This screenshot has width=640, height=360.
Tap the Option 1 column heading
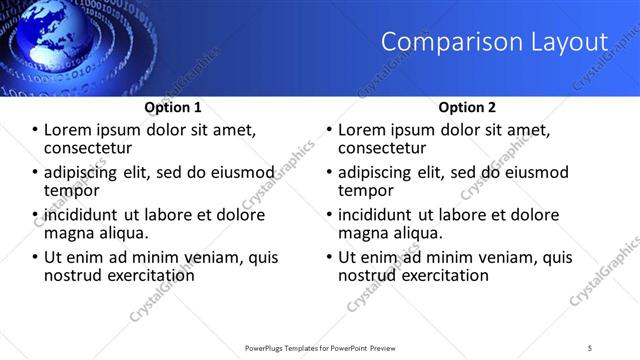173,107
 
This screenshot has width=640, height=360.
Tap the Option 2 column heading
467,107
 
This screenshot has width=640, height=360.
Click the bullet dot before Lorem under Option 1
36,131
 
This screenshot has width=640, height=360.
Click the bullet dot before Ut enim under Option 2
330,257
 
